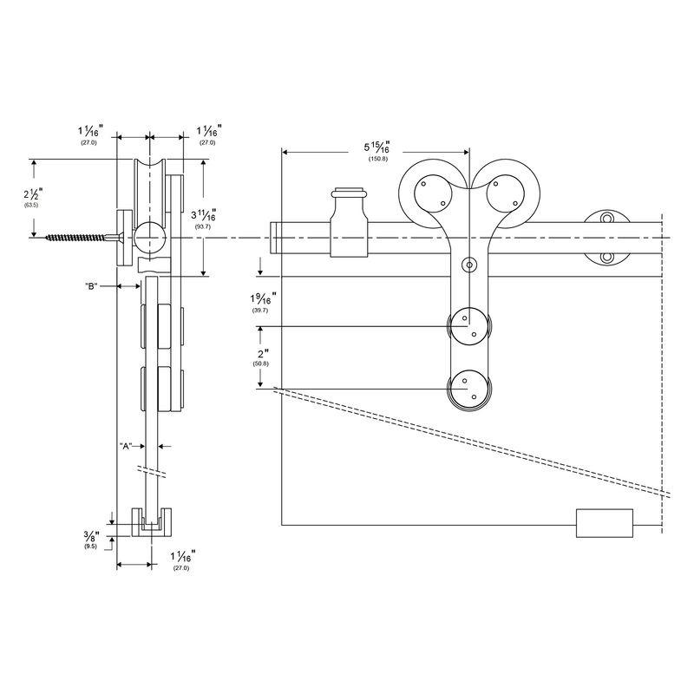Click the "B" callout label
tap(95, 286)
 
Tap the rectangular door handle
tap(605, 524)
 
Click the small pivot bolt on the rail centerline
tap(469, 264)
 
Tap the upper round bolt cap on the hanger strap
tap(469, 327)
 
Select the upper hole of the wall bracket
tap(608, 218)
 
